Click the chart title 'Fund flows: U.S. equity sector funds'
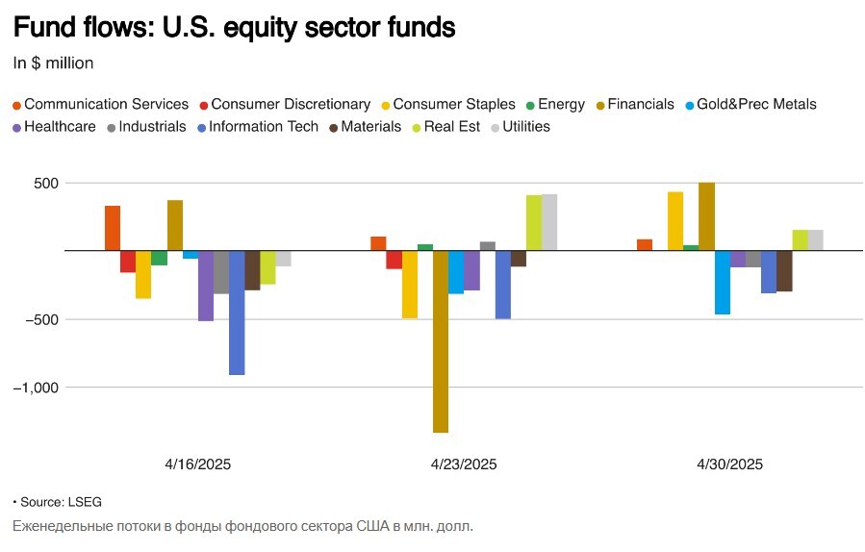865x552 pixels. click(234, 28)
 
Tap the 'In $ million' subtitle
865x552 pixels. click(53, 63)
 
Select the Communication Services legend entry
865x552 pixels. click(100, 104)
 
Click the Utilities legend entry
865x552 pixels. click(520, 126)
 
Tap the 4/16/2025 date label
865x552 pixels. click(198, 464)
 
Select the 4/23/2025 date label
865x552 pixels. click(464, 464)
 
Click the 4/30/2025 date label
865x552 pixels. click(729, 464)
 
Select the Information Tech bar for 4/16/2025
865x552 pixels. click(237, 313)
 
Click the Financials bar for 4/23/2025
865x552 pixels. click(441, 341)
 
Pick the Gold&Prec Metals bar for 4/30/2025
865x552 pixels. click(723, 283)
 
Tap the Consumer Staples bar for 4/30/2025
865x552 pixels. click(675, 221)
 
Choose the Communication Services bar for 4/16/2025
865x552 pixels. click(113, 228)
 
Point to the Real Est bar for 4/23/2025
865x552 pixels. click(534, 223)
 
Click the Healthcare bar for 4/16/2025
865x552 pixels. click(206, 286)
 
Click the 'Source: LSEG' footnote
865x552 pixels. click(57, 502)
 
